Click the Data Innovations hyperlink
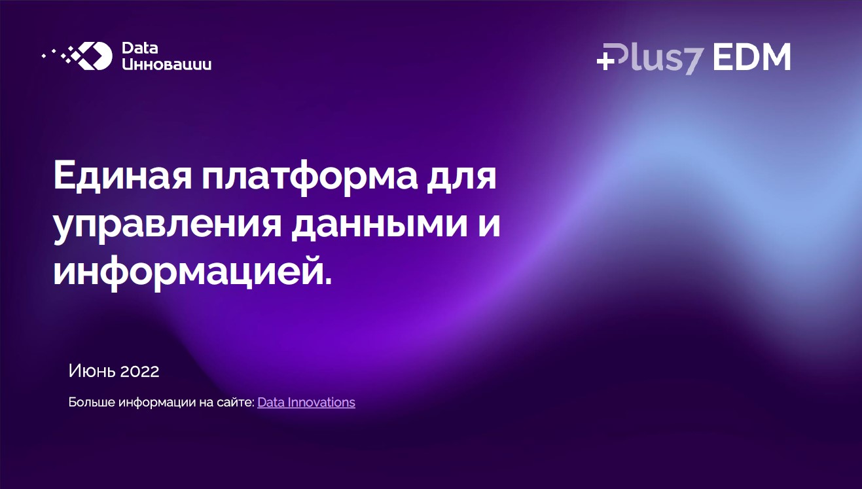tap(306, 403)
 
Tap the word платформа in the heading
tap(310, 178)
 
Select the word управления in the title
tap(168, 226)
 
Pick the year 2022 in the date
tap(139, 371)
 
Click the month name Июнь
tap(92, 371)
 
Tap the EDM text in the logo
tap(751, 57)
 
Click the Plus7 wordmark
tap(651, 58)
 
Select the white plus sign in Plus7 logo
tap(605, 62)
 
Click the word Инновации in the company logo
tap(167, 64)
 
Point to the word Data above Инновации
tap(139, 48)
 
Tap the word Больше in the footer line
tap(92, 402)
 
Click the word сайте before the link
tap(236, 403)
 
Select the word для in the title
tap(461, 178)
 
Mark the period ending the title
tap(328, 283)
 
